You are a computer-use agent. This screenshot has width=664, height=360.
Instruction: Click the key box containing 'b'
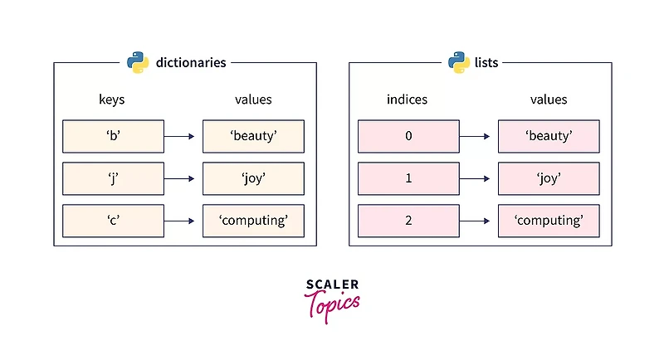click(113, 136)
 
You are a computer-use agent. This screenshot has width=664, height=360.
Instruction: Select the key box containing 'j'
click(113, 178)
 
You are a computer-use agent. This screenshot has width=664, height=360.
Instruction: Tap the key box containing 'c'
click(113, 221)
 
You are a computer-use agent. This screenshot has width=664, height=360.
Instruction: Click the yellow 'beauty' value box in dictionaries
click(253, 136)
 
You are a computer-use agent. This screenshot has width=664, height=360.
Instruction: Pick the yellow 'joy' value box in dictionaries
click(253, 178)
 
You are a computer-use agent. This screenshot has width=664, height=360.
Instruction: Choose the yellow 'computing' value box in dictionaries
click(253, 221)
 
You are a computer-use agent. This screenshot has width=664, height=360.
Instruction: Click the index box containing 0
click(408, 136)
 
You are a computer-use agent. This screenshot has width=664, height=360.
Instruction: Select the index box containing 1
click(408, 178)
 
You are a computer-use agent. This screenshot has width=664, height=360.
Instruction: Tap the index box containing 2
click(408, 221)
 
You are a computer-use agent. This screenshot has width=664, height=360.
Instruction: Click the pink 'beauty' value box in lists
click(549, 136)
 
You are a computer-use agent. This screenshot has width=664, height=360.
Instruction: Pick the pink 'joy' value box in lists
click(549, 178)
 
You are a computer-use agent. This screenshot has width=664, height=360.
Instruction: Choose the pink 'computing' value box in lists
click(549, 221)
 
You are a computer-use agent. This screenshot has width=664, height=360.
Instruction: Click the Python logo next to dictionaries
click(138, 62)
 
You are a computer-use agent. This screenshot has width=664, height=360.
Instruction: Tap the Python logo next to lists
click(459, 62)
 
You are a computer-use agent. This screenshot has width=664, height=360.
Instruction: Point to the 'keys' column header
click(111, 100)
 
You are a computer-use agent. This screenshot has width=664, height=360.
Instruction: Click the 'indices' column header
click(407, 100)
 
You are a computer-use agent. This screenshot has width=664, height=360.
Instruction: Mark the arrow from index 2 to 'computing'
click(478, 221)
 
